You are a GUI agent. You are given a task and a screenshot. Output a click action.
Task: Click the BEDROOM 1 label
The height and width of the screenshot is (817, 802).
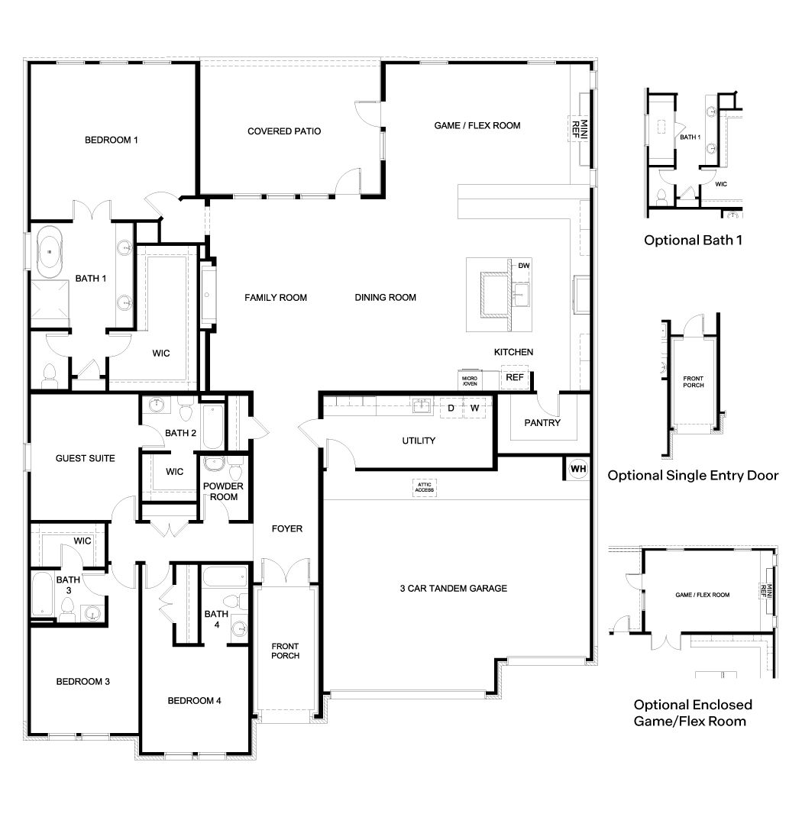click(x=112, y=140)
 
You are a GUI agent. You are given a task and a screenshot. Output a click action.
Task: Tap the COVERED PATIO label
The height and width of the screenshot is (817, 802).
click(x=284, y=131)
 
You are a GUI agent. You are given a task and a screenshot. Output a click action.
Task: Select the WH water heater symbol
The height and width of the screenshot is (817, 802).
click(x=577, y=468)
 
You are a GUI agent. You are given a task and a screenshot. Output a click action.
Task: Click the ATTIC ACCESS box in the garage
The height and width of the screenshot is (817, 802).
click(x=424, y=487)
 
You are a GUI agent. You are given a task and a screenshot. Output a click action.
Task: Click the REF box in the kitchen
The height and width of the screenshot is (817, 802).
click(x=515, y=377)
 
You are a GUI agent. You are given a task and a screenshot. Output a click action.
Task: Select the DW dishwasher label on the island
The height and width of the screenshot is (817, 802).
click(x=523, y=266)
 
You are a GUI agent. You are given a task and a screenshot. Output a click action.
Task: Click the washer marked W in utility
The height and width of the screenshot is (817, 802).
click(x=474, y=408)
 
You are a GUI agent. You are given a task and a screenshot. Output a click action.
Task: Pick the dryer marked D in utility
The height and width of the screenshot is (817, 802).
click(x=451, y=408)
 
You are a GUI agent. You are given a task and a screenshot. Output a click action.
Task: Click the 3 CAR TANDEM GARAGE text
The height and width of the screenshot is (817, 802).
click(x=454, y=588)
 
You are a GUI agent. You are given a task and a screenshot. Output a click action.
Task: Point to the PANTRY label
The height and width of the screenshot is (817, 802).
click(x=542, y=422)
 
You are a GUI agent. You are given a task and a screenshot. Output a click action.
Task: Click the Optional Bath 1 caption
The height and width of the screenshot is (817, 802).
click(x=693, y=240)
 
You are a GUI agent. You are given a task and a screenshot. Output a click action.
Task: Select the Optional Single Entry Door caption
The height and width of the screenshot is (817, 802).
click(x=693, y=475)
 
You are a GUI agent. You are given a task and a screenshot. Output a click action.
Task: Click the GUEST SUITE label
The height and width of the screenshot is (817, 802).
click(x=86, y=458)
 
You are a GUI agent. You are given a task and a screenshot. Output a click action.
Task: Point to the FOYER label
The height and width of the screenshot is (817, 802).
click(x=287, y=528)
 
